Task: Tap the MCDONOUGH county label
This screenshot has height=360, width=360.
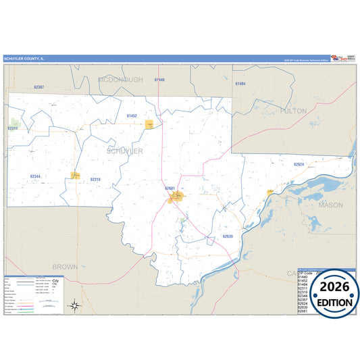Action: coord(121,80)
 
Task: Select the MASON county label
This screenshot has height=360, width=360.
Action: coord(330,204)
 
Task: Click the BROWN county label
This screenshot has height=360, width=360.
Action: coord(65,267)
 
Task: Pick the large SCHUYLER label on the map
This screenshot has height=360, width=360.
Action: coord(125,151)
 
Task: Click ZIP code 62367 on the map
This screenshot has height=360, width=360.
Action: coord(38,88)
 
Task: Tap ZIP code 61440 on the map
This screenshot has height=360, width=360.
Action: coord(159,80)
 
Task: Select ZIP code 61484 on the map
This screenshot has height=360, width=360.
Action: coord(240,83)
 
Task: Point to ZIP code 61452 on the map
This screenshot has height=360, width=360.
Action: coord(132,116)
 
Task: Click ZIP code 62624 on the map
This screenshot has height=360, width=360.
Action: coord(299,164)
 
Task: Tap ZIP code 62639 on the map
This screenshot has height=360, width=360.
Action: coord(228,236)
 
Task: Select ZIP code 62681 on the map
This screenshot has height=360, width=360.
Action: coord(170,188)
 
